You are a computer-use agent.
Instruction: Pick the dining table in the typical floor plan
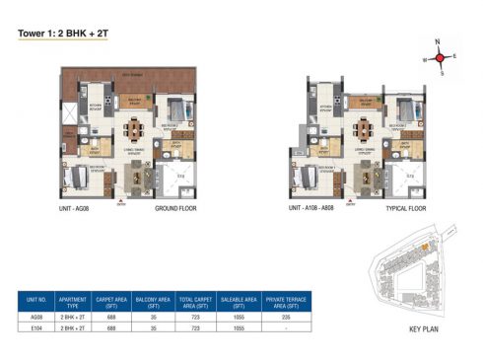(x=361, y=128)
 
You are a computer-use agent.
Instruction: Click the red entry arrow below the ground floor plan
(x=121, y=201)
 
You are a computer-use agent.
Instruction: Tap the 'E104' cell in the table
(x=37, y=326)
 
